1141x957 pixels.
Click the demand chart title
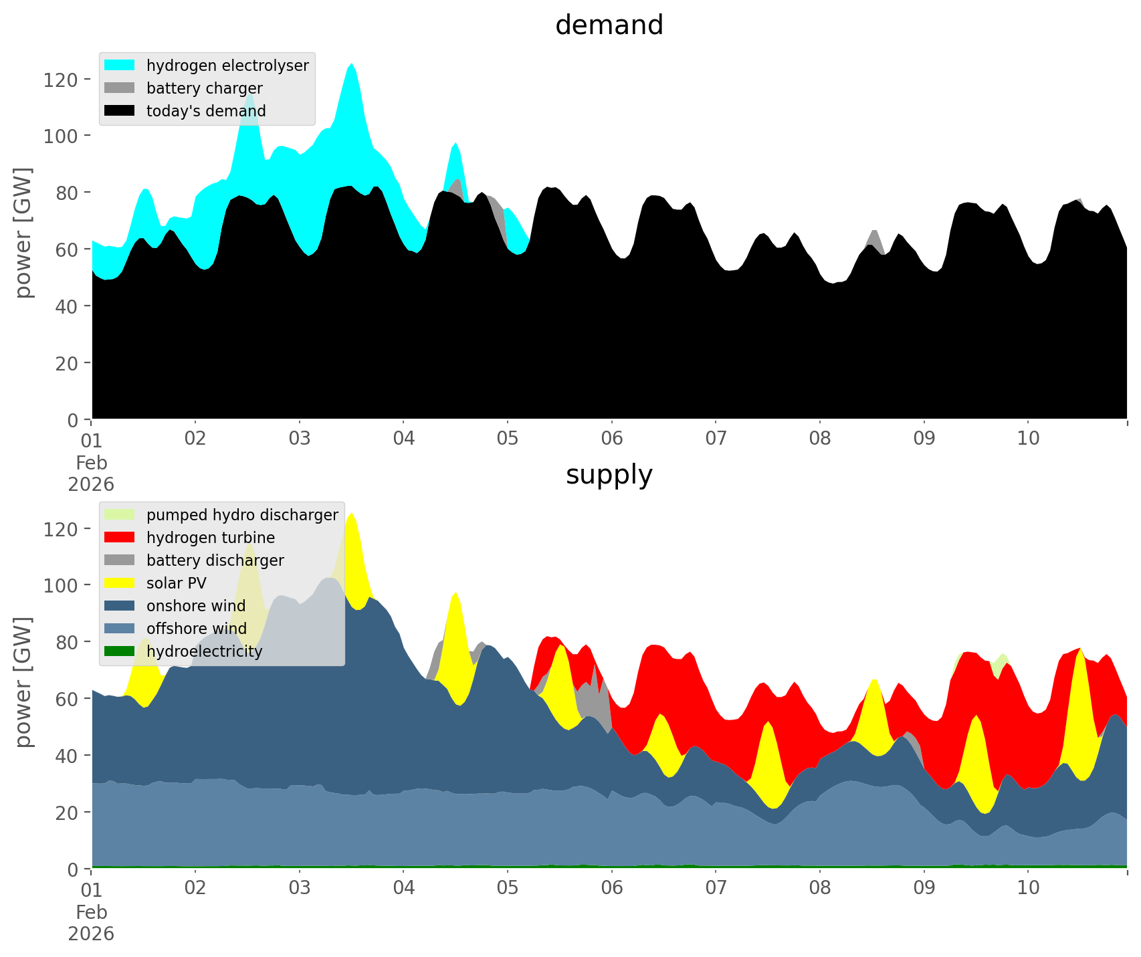tap(609, 25)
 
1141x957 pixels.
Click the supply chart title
tap(609, 475)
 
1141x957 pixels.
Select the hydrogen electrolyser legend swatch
tap(120, 66)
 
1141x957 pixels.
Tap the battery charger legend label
tap(204, 88)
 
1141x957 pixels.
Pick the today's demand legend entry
tap(206, 111)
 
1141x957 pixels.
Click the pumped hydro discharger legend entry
tap(242, 515)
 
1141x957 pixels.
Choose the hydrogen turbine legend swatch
tap(120, 538)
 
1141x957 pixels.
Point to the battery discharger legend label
tap(215, 560)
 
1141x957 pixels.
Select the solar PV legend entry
tap(176, 583)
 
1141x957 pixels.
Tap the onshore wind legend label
tap(196, 606)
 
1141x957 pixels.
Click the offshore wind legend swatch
tap(120, 629)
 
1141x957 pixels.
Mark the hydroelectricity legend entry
tap(204, 651)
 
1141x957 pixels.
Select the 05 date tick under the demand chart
tap(508, 439)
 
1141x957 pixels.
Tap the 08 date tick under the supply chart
tap(820, 888)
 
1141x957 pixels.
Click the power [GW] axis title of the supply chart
tap(24, 682)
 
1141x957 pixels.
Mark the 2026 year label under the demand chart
tap(91, 484)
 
